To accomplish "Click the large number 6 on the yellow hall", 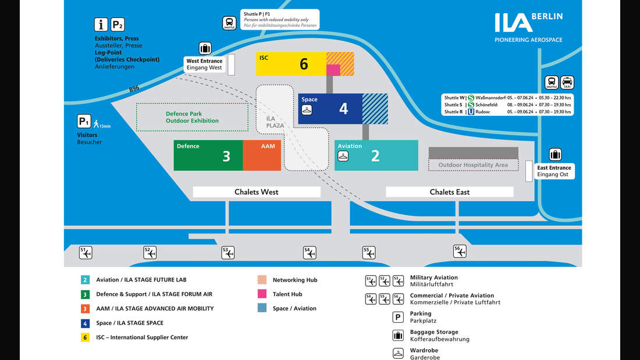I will tap(304, 64).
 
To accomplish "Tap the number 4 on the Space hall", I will tap(343, 108).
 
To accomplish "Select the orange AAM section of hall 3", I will tap(262, 155).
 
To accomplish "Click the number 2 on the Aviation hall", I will tap(375, 155).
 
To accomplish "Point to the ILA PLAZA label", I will tap(275, 122).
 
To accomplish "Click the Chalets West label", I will tap(257, 192).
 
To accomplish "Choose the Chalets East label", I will tap(450, 192).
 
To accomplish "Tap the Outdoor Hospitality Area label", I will tap(473, 165).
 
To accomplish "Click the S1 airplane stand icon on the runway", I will tap(86, 252).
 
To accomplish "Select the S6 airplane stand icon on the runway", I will tap(460, 251).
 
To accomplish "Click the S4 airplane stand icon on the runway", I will tap(310, 252).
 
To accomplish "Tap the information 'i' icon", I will tap(101, 24).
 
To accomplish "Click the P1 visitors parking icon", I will tap(84, 122).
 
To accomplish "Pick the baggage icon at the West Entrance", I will tap(205, 48).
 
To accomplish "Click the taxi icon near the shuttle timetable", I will tap(567, 82).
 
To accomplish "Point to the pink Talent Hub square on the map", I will tap(333, 70).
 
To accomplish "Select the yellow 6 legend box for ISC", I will tap(85, 337).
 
